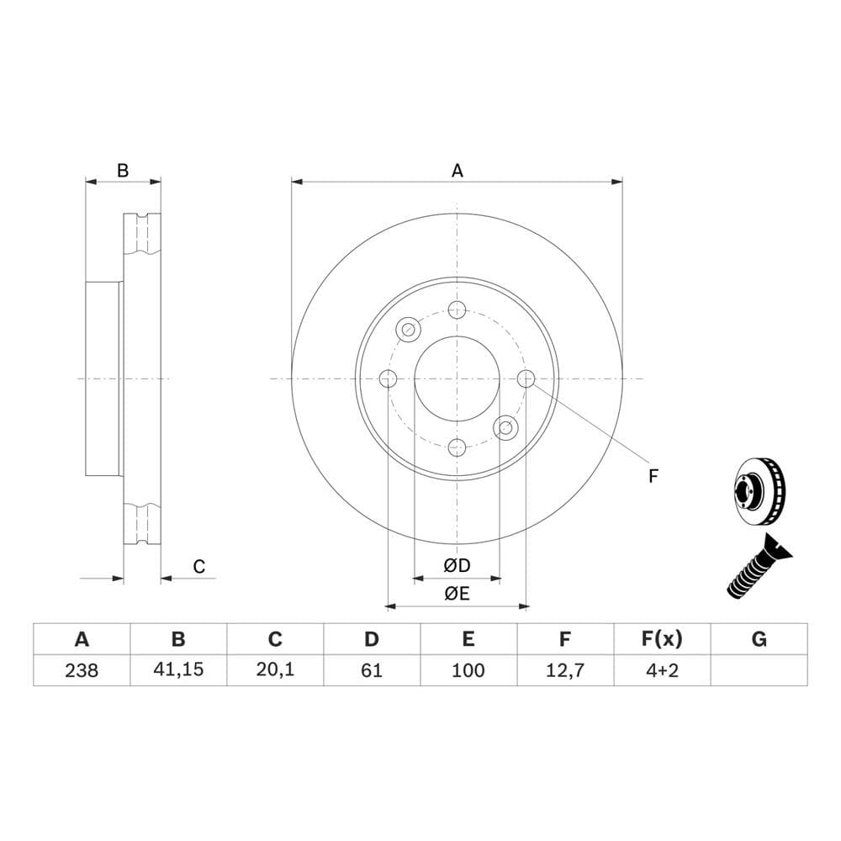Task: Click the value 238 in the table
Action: click(82, 670)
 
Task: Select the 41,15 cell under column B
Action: click(178, 669)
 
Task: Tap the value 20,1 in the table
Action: click(275, 669)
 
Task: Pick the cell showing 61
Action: click(372, 670)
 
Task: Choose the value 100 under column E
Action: click(468, 670)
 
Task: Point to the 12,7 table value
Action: click(565, 670)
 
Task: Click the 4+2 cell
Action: click(662, 670)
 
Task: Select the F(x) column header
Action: click(662, 639)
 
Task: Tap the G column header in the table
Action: click(759, 639)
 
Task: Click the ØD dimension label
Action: click(457, 565)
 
